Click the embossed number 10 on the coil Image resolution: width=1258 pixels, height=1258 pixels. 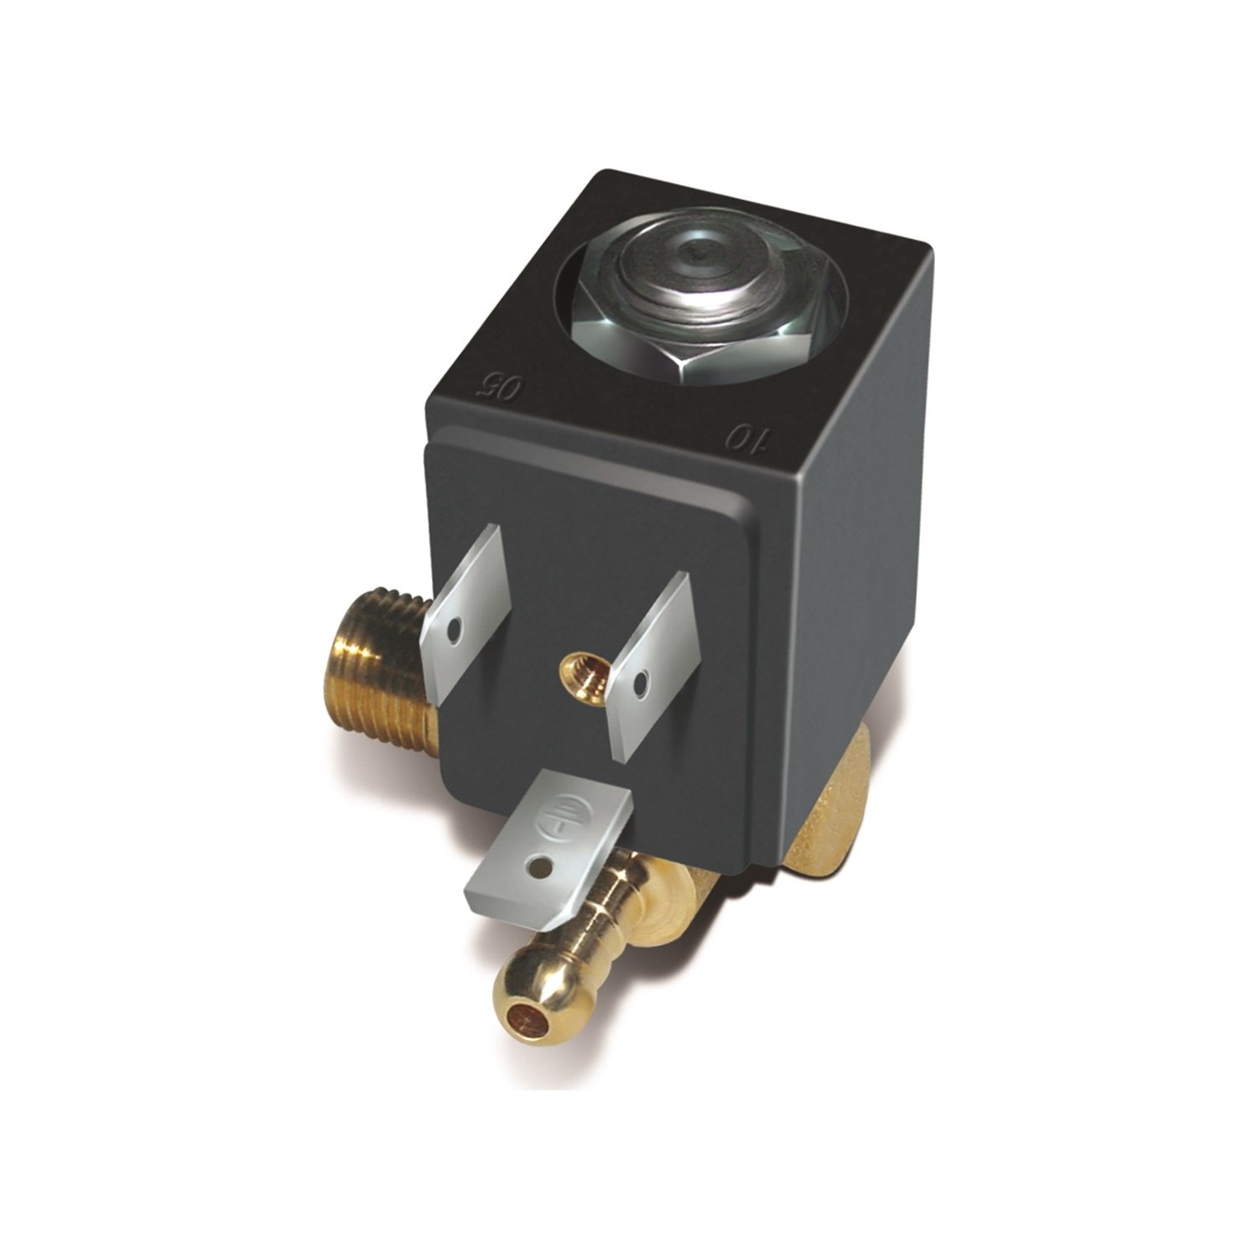click(x=746, y=439)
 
